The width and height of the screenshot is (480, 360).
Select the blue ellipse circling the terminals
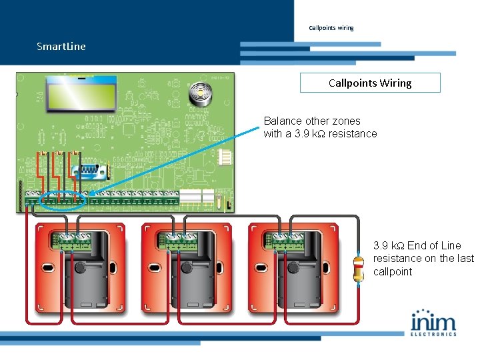point(63,199)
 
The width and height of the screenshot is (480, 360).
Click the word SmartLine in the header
point(61,47)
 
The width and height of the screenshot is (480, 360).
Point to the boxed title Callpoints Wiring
point(370,83)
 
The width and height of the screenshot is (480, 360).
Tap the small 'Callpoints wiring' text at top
point(331,28)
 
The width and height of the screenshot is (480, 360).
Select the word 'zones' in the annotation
point(346,121)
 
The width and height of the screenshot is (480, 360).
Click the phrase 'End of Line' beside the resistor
point(434,245)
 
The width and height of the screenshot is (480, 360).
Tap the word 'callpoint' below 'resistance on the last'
point(393,272)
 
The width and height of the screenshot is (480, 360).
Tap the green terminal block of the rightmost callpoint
point(287,241)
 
